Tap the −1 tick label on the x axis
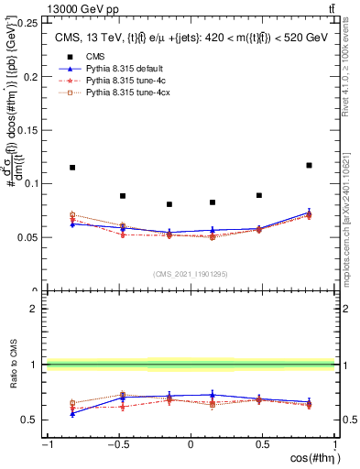point(46,445)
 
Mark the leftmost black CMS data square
point(72,168)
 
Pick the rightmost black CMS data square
point(309,165)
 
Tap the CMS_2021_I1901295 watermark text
point(190,274)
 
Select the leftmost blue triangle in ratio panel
point(72,413)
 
